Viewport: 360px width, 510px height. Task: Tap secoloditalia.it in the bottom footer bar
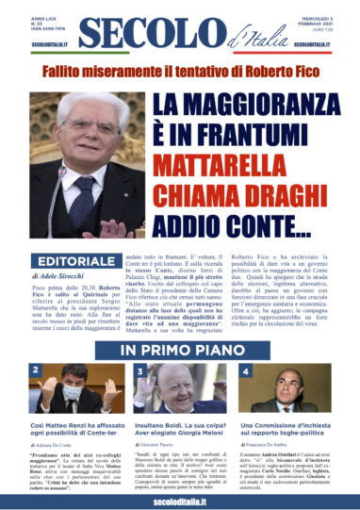[179, 499]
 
